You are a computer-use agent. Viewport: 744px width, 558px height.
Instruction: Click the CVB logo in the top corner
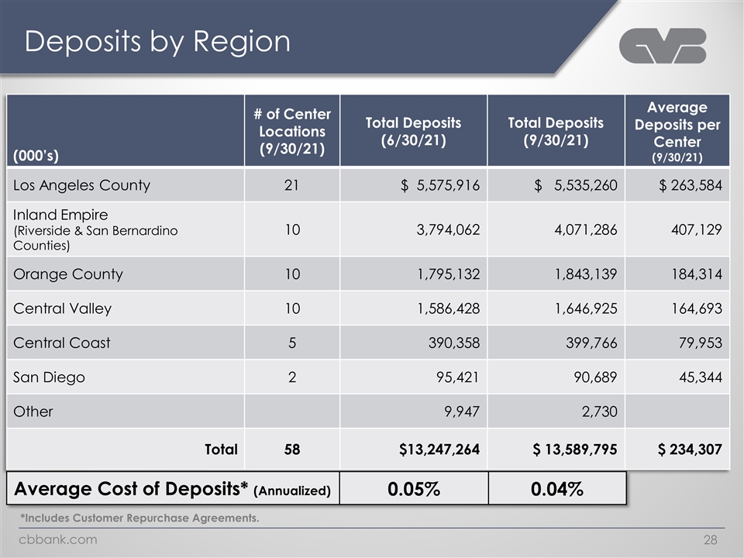[663, 46]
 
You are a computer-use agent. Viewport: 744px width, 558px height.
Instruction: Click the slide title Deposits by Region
[157, 41]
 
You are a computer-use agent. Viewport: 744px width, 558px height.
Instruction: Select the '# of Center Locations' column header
[292, 132]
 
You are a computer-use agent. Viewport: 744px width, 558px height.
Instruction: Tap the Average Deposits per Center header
[677, 132]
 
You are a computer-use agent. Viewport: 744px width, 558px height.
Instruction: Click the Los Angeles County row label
[81, 185]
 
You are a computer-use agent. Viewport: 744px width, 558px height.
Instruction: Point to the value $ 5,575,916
[440, 185]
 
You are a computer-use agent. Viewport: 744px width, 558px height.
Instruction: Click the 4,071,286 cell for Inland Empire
[586, 229]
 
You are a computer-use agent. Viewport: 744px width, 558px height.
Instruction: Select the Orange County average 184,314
[697, 274]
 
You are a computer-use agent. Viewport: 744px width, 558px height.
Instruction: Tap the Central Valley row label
[62, 309]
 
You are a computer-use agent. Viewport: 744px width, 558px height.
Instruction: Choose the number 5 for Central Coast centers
[292, 343]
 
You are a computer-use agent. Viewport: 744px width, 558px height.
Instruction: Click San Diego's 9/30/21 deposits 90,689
[595, 377]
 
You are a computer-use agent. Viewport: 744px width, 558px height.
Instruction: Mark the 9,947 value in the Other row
[462, 412]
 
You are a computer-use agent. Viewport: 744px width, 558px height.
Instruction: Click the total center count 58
[292, 449]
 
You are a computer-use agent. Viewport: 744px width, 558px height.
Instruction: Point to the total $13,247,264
[439, 449]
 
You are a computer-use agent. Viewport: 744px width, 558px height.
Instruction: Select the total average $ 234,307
[690, 449]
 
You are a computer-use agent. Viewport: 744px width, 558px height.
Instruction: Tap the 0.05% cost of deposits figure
[414, 489]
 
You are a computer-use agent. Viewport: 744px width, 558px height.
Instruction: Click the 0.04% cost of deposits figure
[557, 489]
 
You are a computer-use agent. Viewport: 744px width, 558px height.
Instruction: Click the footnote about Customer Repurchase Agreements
[139, 518]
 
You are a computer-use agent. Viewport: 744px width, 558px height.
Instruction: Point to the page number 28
[711, 540]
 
